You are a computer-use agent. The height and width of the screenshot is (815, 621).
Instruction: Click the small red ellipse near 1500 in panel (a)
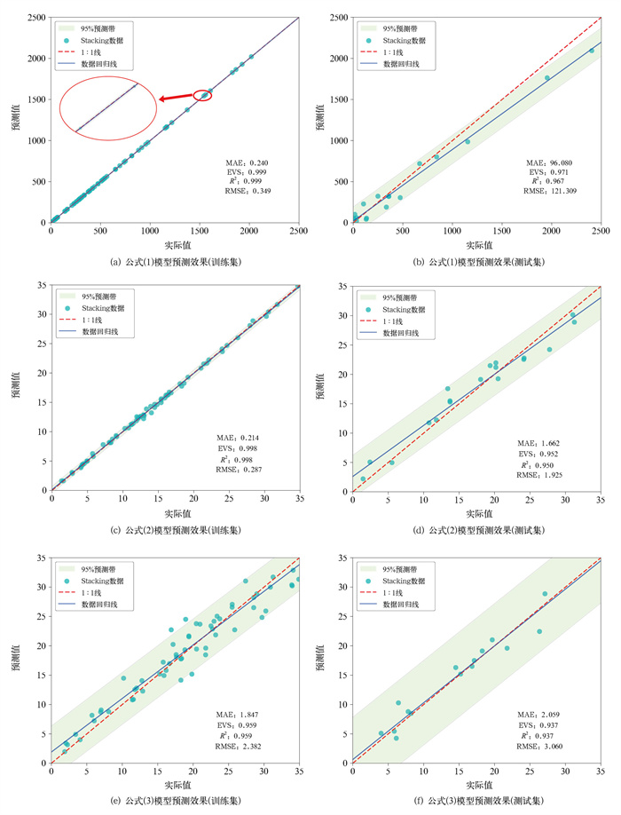(x=203, y=95)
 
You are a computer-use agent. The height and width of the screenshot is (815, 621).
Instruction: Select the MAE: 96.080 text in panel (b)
(x=549, y=163)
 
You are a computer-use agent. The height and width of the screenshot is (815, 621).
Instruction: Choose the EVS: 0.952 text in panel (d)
(x=541, y=454)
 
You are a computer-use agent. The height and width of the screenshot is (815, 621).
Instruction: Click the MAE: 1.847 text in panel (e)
(x=240, y=714)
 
